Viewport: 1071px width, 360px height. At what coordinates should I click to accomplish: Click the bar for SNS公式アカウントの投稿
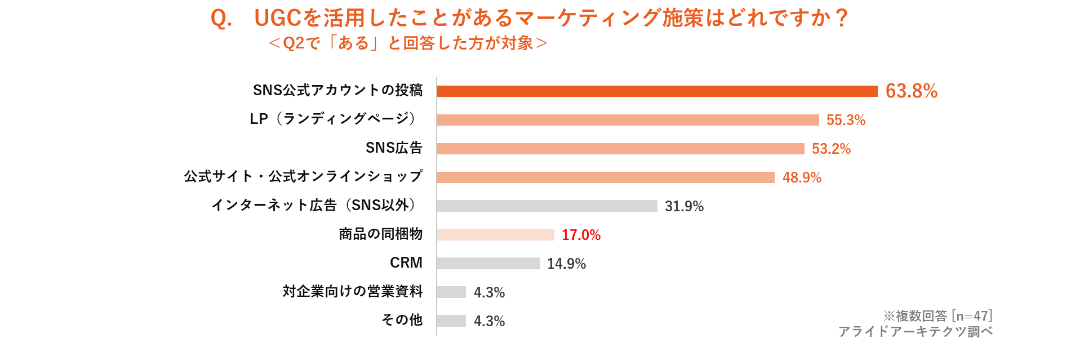click(657, 91)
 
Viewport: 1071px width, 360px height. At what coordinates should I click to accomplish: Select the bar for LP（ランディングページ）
click(628, 120)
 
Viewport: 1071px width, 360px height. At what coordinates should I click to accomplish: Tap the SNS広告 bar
click(620, 149)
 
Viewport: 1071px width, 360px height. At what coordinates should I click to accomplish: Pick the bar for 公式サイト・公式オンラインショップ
click(606, 177)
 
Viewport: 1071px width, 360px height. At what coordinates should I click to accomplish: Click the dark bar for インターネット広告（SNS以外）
click(546, 206)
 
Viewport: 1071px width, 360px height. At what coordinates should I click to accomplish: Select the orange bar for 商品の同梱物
click(495, 235)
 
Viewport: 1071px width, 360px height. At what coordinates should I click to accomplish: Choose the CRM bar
click(488, 263)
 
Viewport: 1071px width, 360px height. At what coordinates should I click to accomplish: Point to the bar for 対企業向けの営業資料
click(451, 292)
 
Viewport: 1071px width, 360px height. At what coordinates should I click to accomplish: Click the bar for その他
click(451, 321)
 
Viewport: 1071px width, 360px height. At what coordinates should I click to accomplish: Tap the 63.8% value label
click(911, 91)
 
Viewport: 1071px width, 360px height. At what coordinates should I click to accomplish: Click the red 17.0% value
click(581, 235)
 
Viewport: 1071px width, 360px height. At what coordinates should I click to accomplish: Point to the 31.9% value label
click(684, 206)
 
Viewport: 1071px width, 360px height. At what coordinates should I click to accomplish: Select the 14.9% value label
click(566, 264)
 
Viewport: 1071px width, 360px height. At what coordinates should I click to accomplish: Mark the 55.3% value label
click(845, 120)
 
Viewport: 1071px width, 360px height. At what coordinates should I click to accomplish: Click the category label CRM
click(406, 263)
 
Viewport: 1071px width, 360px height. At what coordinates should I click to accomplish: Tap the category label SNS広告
click(394, 148)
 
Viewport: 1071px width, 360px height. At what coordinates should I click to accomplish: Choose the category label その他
click(402, 319)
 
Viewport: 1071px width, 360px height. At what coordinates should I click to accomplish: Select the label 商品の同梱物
click(380, 234)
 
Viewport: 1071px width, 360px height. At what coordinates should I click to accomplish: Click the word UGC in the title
click(278, 19)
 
